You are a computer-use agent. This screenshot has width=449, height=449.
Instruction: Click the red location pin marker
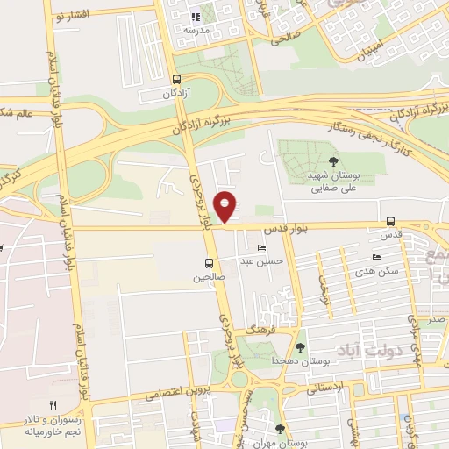(226, 206)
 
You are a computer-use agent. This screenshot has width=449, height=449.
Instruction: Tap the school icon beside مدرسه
(198, 16)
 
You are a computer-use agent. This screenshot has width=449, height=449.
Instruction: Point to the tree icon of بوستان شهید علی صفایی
(333, 160)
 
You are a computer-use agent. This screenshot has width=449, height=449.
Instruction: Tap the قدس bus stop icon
(390, 223)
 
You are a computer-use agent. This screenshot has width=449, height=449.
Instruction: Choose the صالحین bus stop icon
(209, 262)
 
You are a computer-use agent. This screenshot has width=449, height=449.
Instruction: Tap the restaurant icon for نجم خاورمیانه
(52, 404)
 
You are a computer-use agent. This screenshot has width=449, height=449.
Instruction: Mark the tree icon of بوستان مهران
(279, 429)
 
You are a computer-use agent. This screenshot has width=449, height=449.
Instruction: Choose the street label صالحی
(288, 38)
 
